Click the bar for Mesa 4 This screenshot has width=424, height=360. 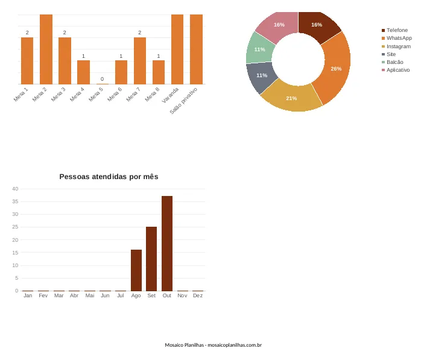tap(84, 72)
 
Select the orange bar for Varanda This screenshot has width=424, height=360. tap(177, 49)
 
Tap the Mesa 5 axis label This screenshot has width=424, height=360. tap(96, 94)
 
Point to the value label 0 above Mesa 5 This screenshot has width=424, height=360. tap(102, 79)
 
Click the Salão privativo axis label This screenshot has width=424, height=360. tap(183, 101)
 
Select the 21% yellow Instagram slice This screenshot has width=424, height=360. tap(291, 97)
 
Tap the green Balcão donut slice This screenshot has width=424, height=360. tap(259, 49)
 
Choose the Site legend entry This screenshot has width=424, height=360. tap(388, 54)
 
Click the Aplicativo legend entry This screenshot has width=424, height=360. tap(396, 70)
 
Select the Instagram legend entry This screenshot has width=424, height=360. tap(396, 46)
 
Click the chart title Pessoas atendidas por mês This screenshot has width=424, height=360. tap(109, 177)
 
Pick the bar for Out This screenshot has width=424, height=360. tap(167, 244)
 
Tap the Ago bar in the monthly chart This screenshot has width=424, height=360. tap(136, 270)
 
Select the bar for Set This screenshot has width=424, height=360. tap(151, 259)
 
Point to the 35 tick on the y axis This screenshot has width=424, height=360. tap(15, 201)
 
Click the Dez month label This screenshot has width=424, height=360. tap(198, 295)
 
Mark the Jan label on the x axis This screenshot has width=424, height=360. tap(28, 295)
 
